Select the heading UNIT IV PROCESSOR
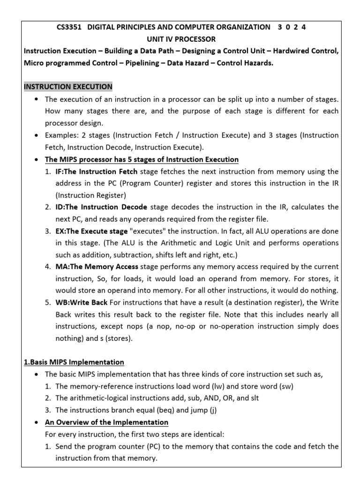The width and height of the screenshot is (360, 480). click(x=180, y=39)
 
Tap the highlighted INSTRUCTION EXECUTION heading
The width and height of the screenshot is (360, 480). click(x=68, y=87)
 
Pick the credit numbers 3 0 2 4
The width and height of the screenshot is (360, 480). click(x=292, y=27)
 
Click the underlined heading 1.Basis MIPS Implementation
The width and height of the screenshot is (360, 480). click(x=74, y=362)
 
